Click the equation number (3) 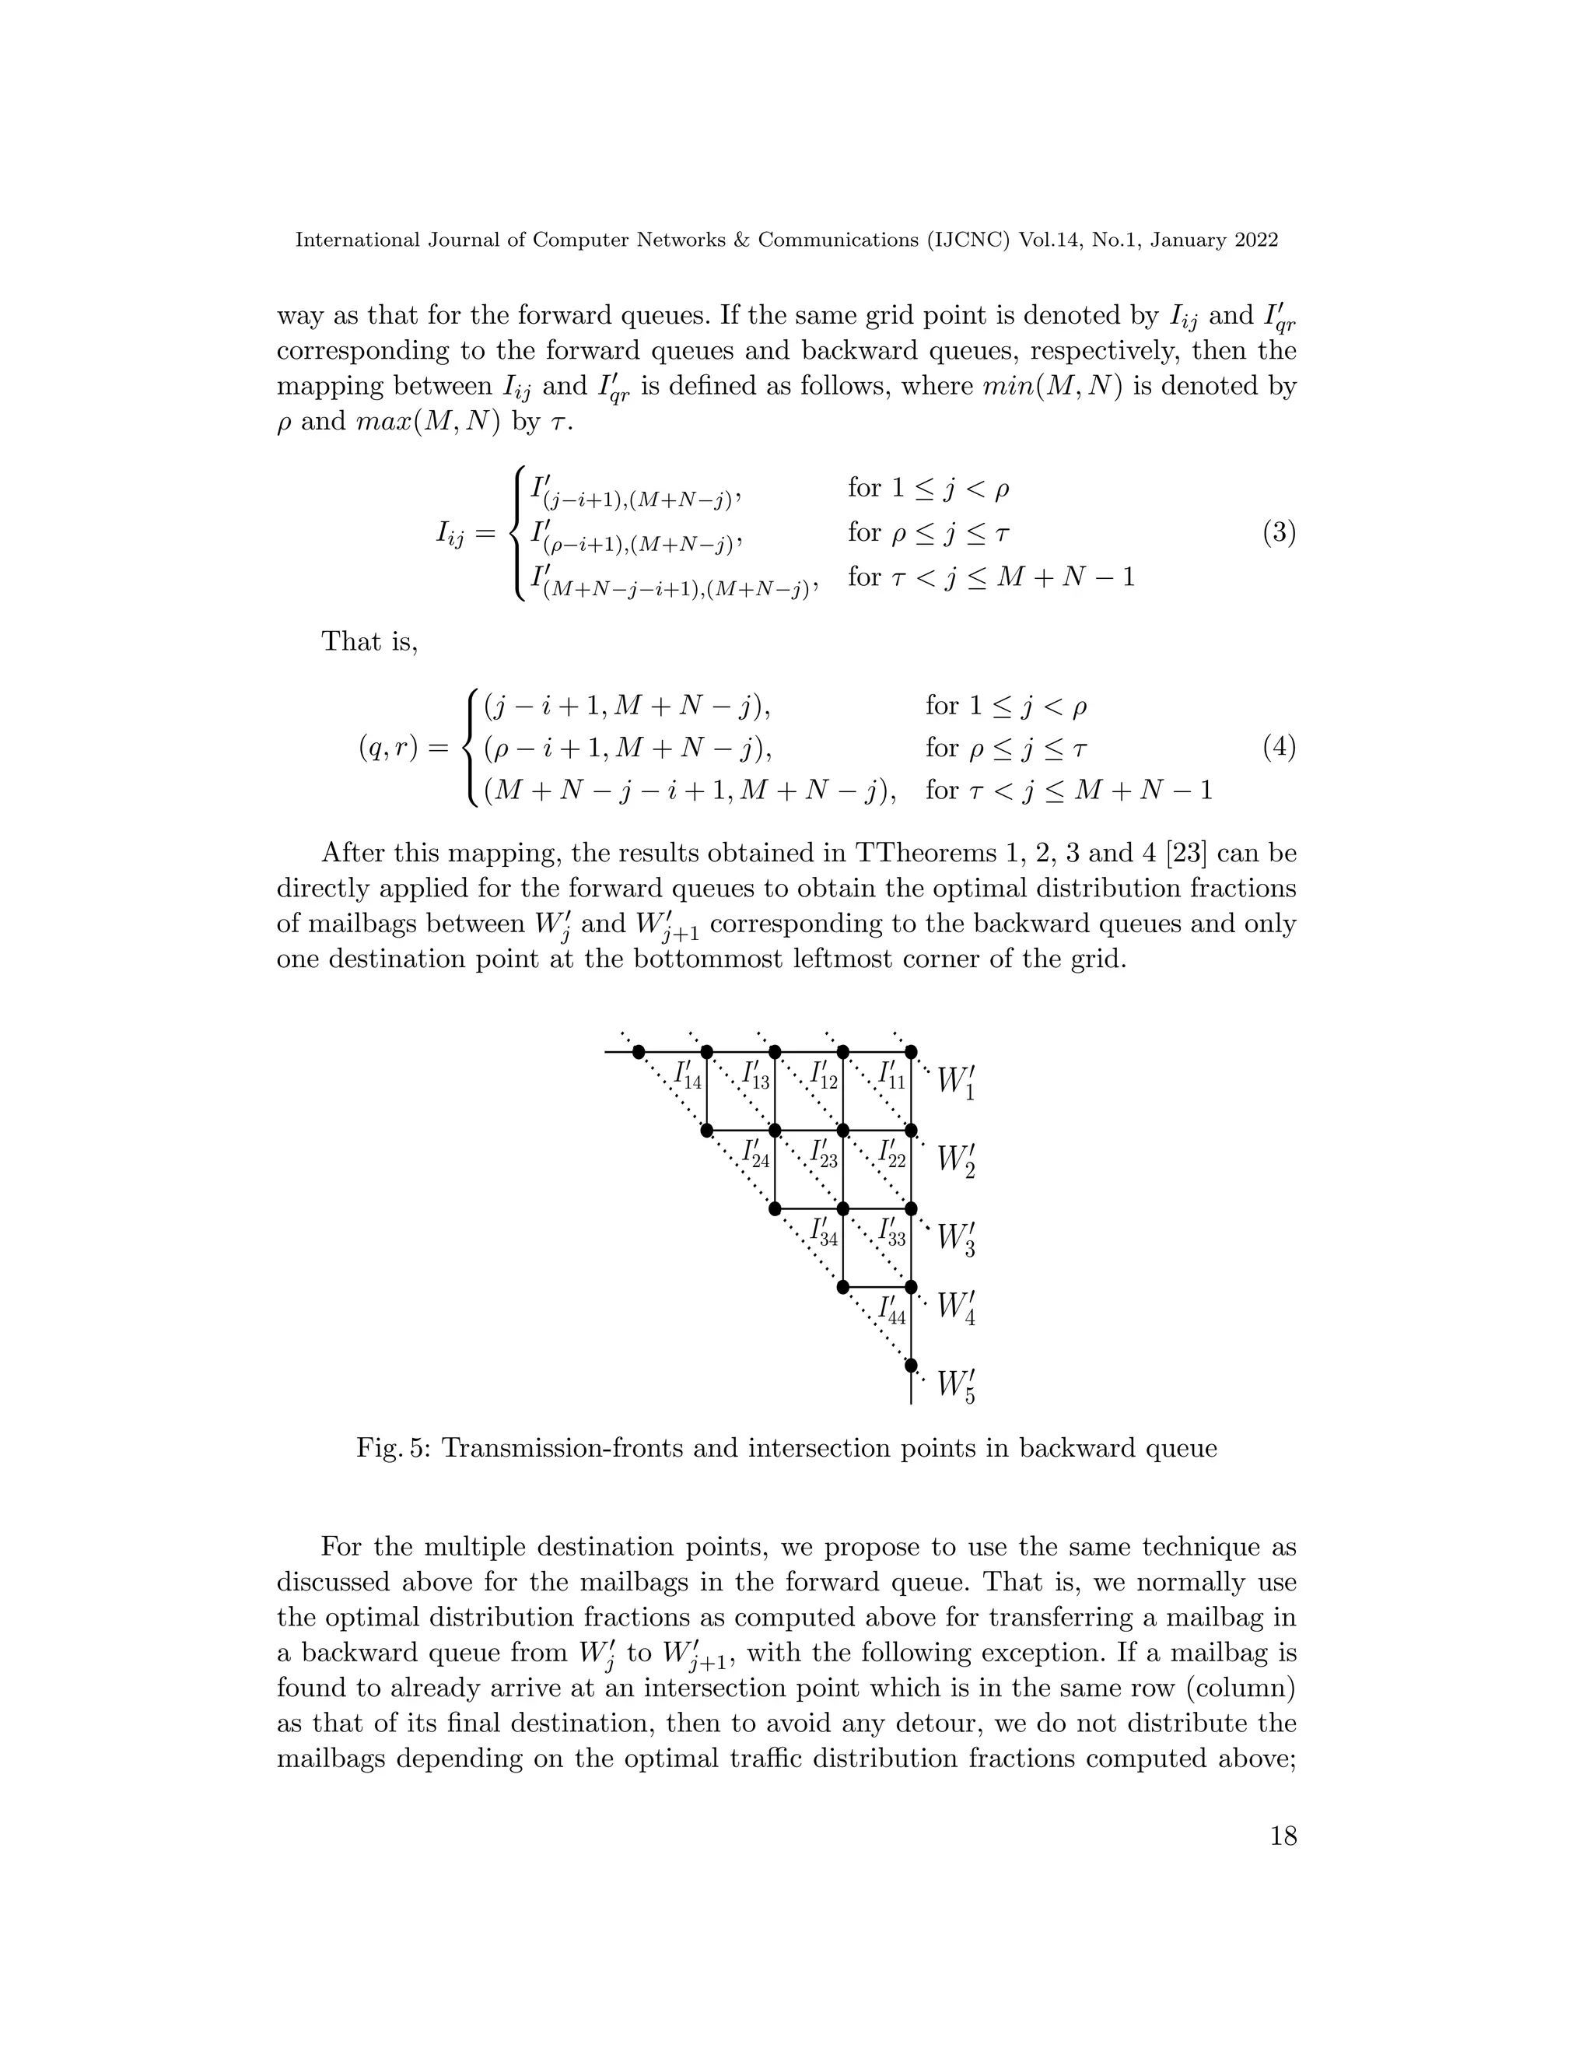click(x=1279, y=534)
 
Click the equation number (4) click(x=1279, y=749)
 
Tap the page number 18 click(x=1283, y=1863)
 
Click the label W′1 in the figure click(x=956, y=1082)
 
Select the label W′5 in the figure click(x=956, y=1386)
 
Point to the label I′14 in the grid click(x=687, y=1076)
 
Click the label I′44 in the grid click(x=891, y=1310)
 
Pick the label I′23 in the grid click(x=823, y=1155)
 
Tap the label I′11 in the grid click(x=891, y=1076)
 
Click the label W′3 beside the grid click(x=956, y=1239)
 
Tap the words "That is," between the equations click(x=369, y=641)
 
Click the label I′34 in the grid click(x=823, y=1232)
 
